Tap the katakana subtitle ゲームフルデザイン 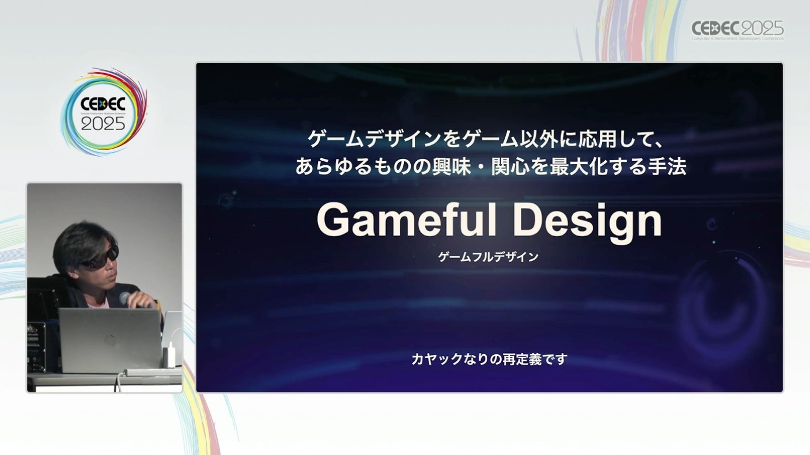point(489,257)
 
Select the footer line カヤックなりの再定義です point(490,359)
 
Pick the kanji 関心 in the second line point(510,167)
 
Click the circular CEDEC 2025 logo point(104,112)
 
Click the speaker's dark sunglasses point(100,257)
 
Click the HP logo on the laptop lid point(110,340)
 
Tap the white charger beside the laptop point(169,357)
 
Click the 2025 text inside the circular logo point(103,124)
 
